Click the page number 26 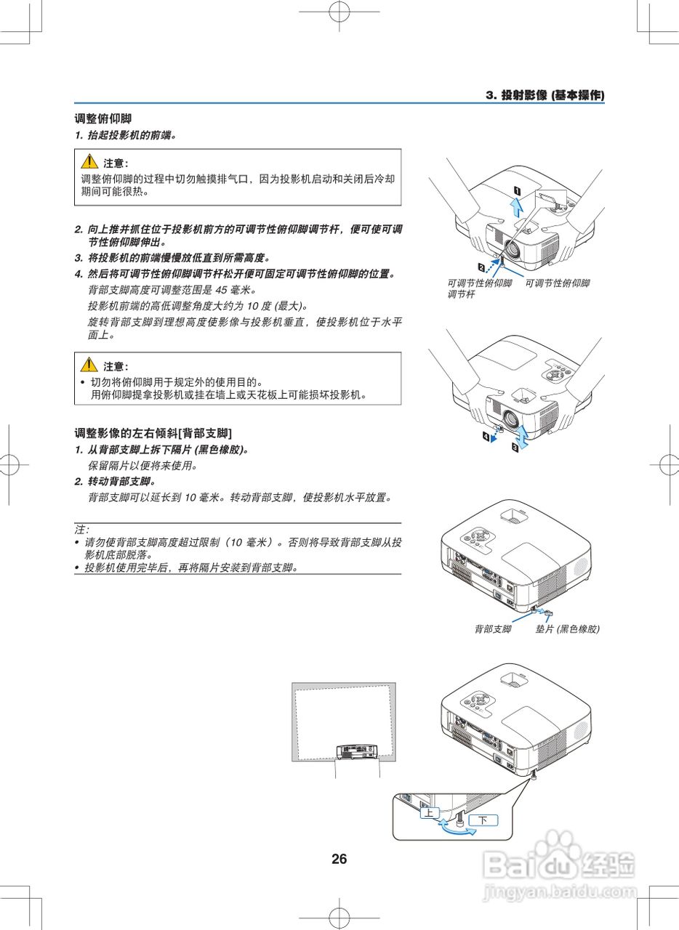(x=339, y=859)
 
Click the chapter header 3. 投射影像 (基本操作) (x=545, y=95)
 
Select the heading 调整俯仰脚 (x=103, y=118)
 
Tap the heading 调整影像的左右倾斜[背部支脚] (x=153, y=434)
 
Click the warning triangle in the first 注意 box (x=89, y=161)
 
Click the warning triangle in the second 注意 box (x=89, y=365)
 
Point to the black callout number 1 (x=518, y=191)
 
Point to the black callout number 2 (x=481, y=267)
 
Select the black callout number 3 (x=515, y=448)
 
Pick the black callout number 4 (x=486, y=437)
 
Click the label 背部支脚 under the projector (x=493, y=629)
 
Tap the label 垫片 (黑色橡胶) (x=567, y=629)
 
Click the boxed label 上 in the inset (x=429, y=812)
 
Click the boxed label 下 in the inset (x=483, y=820)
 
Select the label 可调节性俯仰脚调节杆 (x=480, y=288)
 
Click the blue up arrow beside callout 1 (x=516, y=207)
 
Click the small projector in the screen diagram (x=357, y=752)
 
